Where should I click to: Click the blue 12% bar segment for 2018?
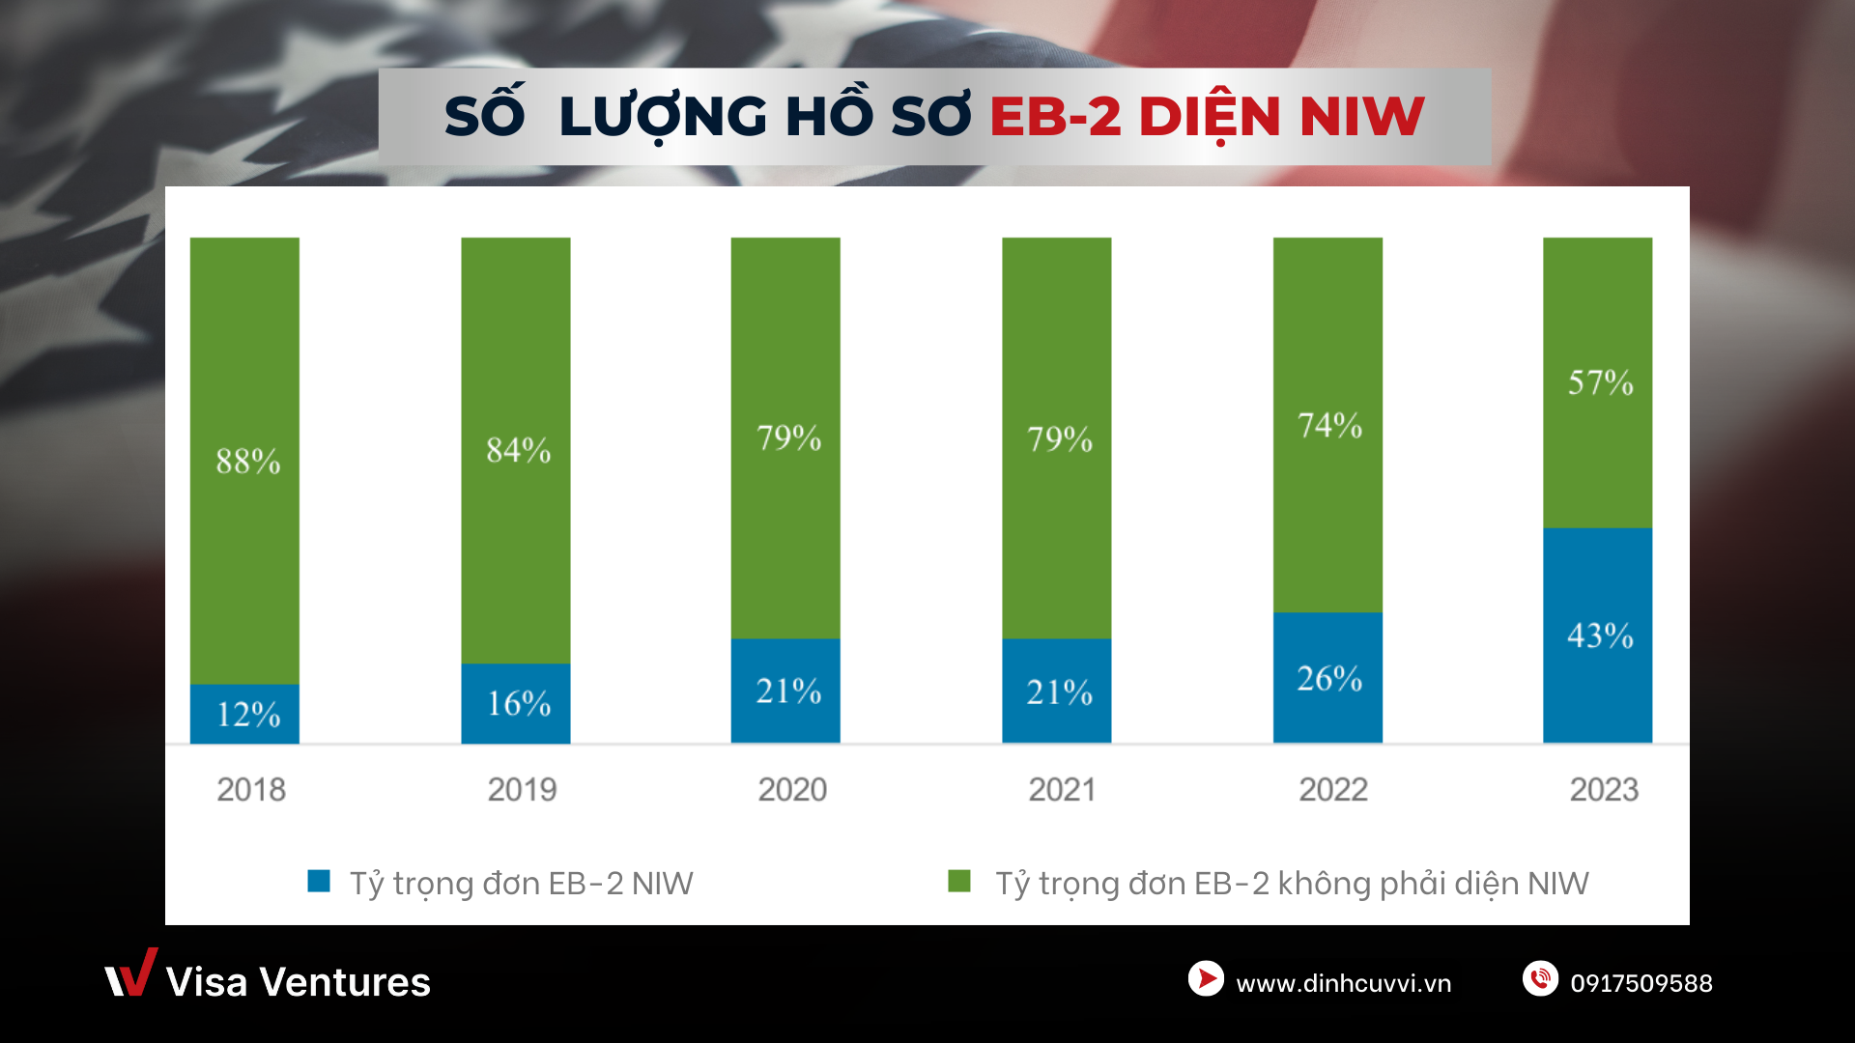[x=244, y=714]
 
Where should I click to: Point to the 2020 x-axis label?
[x=792, y=790]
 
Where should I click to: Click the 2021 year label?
[x=1062, y=790]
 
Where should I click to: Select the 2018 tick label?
[x=251, y=790]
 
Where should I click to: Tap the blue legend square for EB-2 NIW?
[x=319, y=881]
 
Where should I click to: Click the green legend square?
[x=959, y=881]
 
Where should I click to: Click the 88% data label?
[x=248, y=462]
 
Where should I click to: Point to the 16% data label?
[x=519, y=703]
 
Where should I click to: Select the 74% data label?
[x=1330, y=425]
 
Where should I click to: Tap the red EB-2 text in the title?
[x=1055, y=117]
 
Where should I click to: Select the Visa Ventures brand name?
[x=298, y=982]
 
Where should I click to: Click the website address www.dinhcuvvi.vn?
[x=1343, y=983]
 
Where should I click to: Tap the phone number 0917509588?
[x=1641, y=983]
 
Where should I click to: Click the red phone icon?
[x=1540, y=978]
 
